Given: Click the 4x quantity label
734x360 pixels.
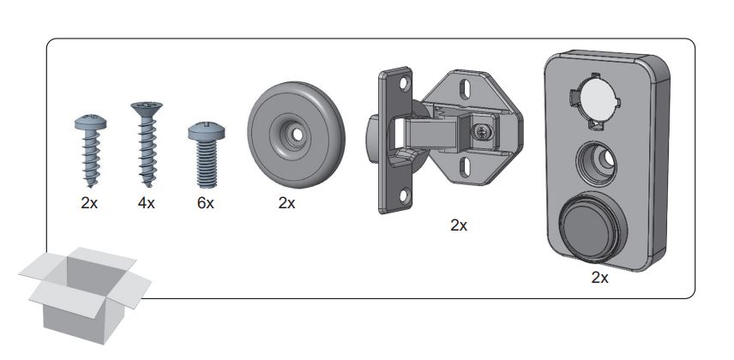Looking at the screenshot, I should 146,203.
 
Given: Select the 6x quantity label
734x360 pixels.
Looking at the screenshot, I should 204,203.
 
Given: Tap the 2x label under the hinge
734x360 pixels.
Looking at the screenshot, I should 459,225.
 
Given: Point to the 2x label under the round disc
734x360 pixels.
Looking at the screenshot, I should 286,203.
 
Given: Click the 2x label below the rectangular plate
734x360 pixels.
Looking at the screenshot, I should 599,278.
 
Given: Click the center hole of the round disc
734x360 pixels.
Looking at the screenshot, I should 292,135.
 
